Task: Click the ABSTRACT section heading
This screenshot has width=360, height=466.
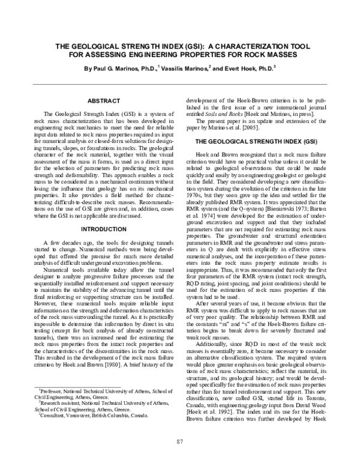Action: point(104,101)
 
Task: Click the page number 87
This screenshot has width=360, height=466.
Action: point(179,443)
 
